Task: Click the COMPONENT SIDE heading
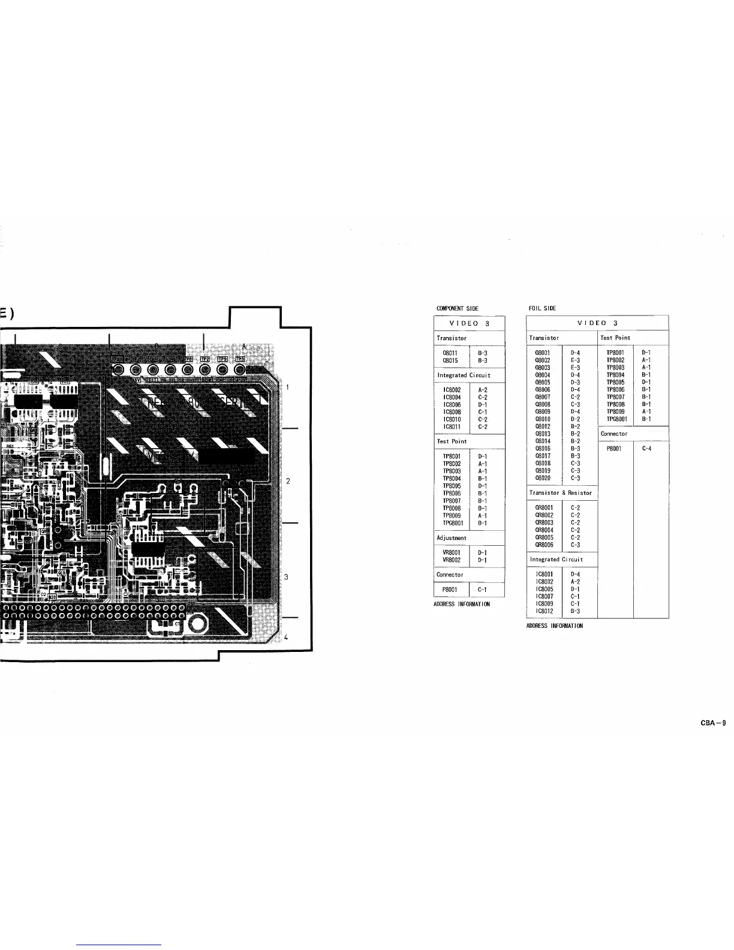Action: [457, 308]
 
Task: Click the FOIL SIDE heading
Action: [542, 308]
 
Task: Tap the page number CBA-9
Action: [713, 723]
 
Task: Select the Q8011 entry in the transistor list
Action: [450, 353]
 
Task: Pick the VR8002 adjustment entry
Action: [451, 560]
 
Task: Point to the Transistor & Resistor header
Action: [561, 493]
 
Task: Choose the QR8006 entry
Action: [544, 545]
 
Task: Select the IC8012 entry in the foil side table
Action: [543, 611]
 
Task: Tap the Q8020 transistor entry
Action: [542, 478]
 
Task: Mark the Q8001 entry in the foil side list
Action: [542, 353]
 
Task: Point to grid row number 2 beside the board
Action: [288, 481]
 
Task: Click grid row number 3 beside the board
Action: [287, 577]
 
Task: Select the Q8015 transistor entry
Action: [450, 360]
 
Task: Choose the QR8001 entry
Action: [544, 508]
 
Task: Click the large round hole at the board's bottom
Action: [197, 625]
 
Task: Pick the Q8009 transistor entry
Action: [542, 411]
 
